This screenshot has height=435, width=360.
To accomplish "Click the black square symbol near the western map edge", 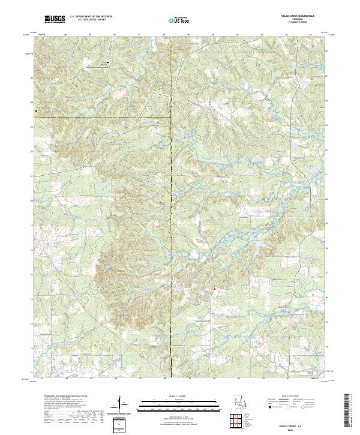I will point(36,110).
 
